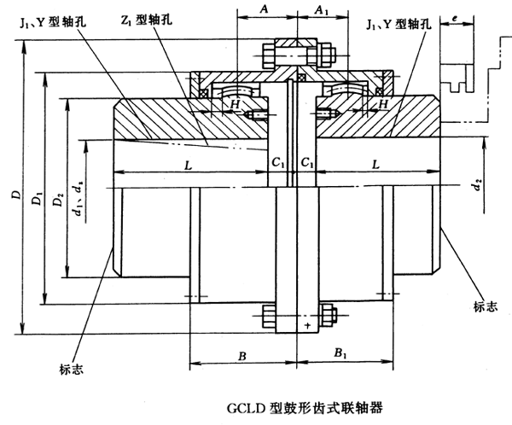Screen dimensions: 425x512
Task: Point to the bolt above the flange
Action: pos(294,53)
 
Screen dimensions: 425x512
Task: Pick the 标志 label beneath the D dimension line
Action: pos(72,369)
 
